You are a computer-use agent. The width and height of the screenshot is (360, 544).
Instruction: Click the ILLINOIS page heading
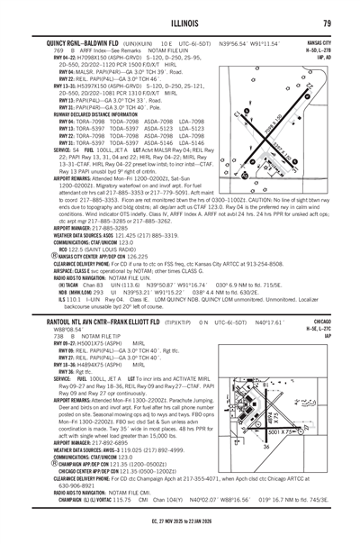(x=180, y=23)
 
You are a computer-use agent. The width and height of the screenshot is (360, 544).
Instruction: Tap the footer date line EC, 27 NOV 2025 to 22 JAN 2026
(x=180, y=534)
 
